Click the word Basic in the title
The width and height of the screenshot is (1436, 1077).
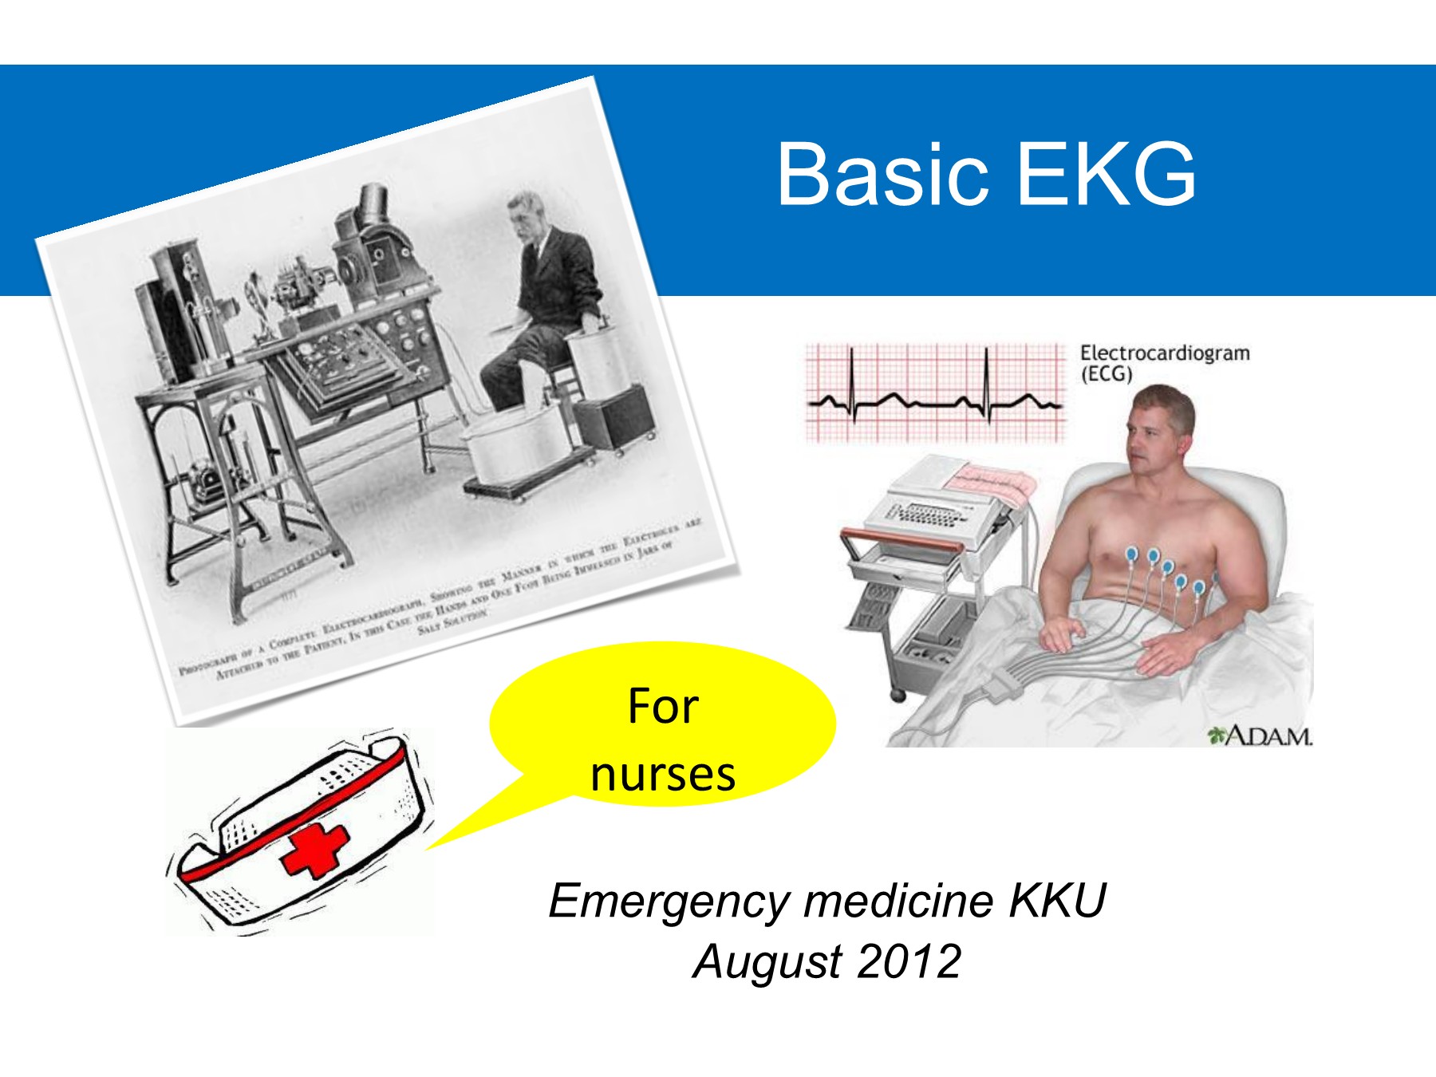[882, 174]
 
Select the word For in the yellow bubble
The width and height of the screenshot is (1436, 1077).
[662, 706]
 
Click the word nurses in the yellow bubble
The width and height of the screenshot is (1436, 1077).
[662, 775]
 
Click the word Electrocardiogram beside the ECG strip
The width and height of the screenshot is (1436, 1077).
[1165, 353]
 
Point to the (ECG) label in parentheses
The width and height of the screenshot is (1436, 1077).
[1107, 373]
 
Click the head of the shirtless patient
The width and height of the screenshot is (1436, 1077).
[1159, 427]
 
